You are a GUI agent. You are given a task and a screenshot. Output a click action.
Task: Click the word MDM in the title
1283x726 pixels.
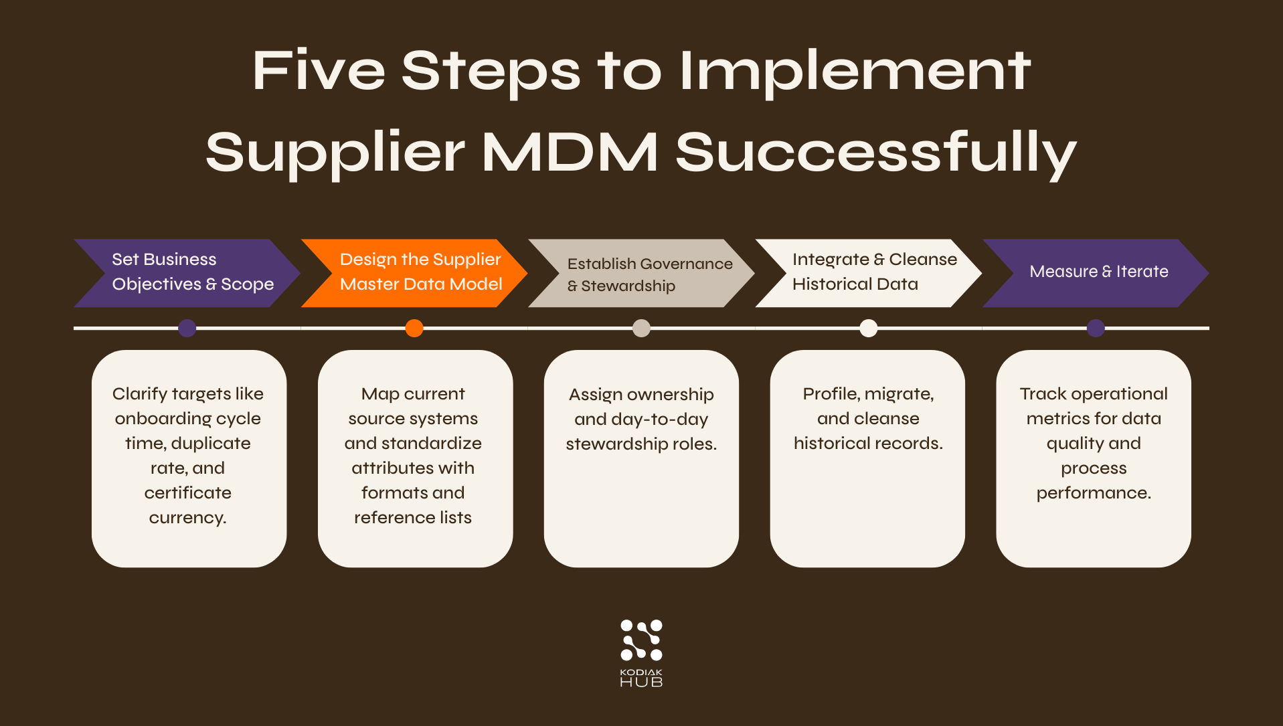click(x=570, y=152)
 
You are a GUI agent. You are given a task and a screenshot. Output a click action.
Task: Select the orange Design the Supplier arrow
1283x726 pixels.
click(x=414, y=272)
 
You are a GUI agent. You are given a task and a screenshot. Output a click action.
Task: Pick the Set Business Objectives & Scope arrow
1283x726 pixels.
click(x=186, y=272)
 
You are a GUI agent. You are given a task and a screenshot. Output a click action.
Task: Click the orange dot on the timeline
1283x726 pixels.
click(x=414, y=328)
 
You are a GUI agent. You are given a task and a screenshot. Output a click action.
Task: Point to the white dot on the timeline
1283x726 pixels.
click(x=868, y=328)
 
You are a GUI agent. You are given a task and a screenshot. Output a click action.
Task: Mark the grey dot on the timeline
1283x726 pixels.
click(x=641, y=328)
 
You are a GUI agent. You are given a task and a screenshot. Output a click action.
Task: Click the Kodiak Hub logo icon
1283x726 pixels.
click(x=641, y=640)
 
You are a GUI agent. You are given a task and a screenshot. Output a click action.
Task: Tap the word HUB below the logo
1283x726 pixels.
click(x=641, y=682)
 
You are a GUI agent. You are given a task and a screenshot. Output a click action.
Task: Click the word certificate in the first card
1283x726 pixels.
click(x=188, y=493)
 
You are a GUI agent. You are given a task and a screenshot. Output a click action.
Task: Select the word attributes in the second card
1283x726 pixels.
click(x=413, y=468)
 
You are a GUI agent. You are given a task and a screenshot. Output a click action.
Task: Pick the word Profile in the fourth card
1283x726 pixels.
click(x=830, y=394)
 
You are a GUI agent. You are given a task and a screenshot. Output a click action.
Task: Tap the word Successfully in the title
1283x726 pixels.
click(x=875, y=152)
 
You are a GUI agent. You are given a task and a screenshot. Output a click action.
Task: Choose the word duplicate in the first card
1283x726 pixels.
click(x=211, y=444)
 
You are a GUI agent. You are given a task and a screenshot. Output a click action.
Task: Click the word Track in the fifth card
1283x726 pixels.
click(x=1042, y=394)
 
